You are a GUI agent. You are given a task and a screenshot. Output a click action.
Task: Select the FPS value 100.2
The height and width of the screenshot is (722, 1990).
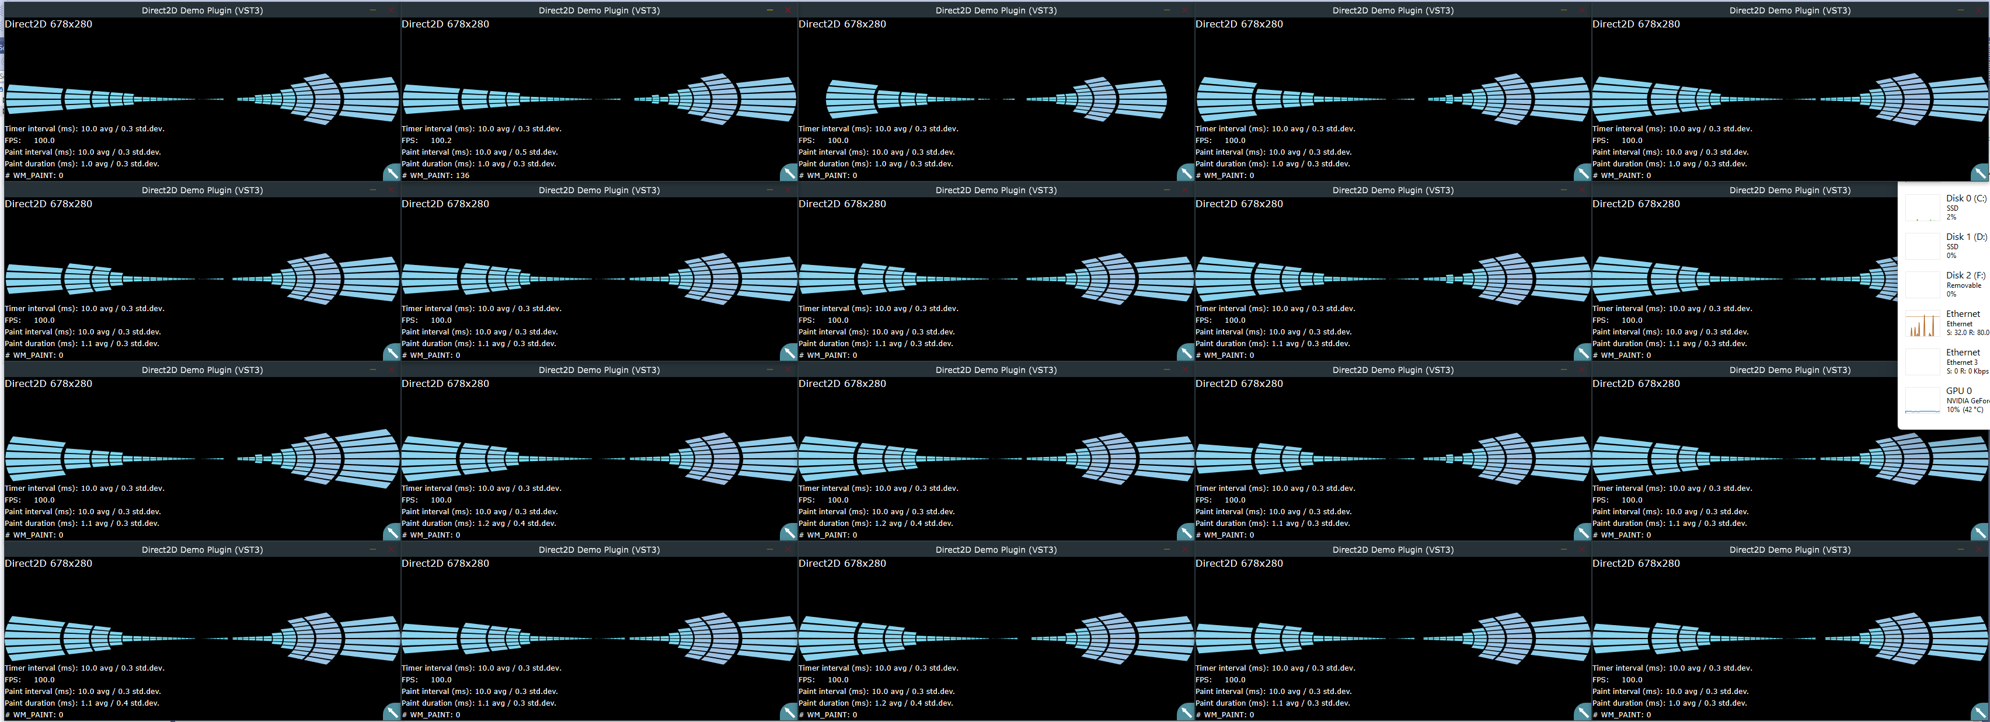[x=441, y=141]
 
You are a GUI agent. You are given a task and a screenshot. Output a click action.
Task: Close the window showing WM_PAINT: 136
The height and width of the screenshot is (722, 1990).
[x=787, y=10]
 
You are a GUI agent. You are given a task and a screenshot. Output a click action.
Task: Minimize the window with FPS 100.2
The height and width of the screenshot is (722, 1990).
[x=769, y=10]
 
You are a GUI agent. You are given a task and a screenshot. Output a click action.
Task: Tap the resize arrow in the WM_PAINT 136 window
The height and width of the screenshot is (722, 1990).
[x=788, y=172]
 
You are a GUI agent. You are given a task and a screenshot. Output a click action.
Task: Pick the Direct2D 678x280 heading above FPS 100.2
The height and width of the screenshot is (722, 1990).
[x=445, y=24]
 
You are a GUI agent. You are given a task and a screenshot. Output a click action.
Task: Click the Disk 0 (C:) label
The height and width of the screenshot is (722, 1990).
[x=1965, y=198]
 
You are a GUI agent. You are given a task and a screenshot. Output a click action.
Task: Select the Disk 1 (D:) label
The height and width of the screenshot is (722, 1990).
[x=1965, y=237]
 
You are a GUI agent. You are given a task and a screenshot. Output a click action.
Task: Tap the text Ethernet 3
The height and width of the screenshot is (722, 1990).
[x=1961, y=362]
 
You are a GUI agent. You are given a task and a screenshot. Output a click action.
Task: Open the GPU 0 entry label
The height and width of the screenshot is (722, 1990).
[x=1958, y=390]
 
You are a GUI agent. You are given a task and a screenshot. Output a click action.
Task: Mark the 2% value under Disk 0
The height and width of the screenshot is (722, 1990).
[x=1951, y=217]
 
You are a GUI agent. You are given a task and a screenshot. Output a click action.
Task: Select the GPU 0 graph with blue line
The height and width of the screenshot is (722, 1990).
[x=1922, y=401]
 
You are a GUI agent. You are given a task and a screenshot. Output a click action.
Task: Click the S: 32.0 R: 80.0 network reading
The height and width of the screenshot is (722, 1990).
[x=1967, y=333]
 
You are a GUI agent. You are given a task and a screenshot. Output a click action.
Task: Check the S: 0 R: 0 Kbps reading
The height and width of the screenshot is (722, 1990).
[x=1967, y=371]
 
